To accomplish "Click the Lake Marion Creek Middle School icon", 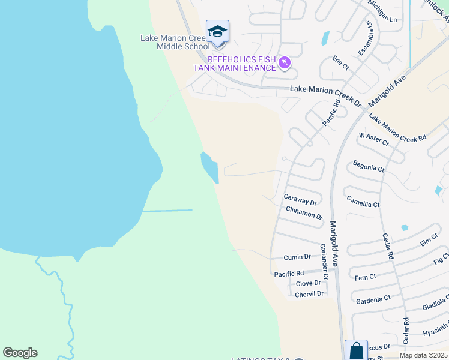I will click(217, 31).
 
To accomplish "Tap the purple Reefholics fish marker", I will click(285, 62).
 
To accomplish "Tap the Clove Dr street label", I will click(309, 283).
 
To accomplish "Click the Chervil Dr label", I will click(310, 293).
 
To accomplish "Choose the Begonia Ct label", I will click(369, 166).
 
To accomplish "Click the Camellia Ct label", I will click(363, 200).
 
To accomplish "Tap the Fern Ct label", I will click(365, 277).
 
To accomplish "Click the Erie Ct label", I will click(340, 64).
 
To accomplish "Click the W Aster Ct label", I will click(374, 140).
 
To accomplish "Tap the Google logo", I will click(20, 353).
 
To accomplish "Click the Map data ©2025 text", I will click(423, 355).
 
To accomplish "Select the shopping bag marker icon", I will click(356, 350).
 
